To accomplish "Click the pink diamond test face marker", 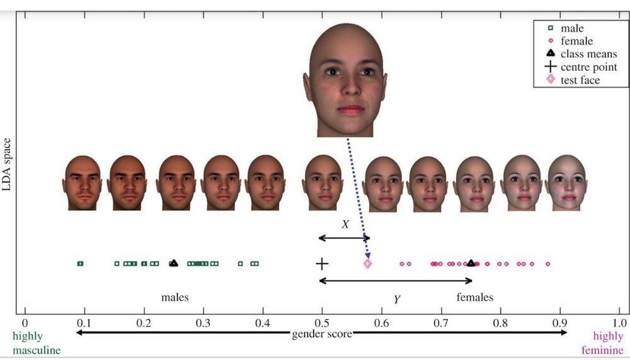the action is point(367,264).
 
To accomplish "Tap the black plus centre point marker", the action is point(322,264).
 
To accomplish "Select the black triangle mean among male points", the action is point(174,263).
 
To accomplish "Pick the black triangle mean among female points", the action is point(471,263).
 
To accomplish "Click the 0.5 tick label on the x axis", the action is point(322,323).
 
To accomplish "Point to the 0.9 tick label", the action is point(559,323).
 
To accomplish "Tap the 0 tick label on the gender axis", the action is point(25,323).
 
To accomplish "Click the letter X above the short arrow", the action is point(345,224).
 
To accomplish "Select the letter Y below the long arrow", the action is point(397,299).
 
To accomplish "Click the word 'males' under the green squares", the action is point(175,297).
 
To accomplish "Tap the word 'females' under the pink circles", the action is point(475,297).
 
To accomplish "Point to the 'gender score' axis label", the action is point(322,334).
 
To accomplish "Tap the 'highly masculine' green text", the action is point(37,343).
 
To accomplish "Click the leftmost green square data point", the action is point(81,264).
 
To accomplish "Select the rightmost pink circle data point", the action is point(547,264).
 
